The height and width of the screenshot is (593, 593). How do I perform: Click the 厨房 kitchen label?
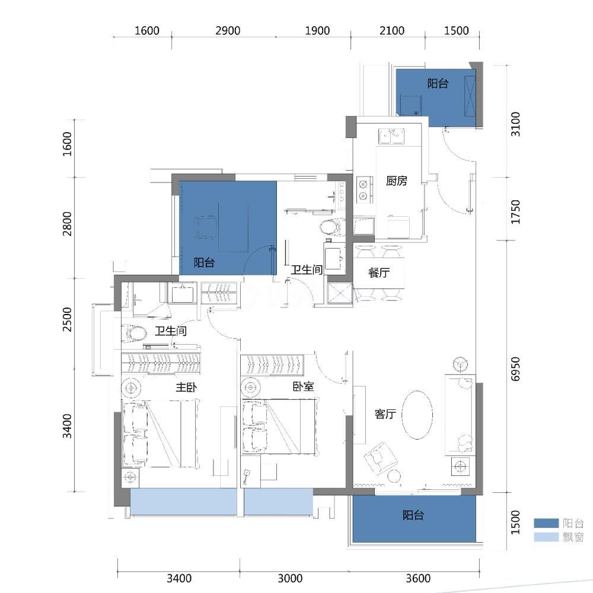397,181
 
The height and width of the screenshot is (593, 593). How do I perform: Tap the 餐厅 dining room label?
379,273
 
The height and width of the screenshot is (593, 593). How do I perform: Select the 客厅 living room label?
385,414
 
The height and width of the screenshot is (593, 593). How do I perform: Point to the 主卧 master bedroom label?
186,387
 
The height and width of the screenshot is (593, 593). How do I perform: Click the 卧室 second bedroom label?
303,386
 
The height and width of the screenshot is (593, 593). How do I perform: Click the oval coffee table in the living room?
417,415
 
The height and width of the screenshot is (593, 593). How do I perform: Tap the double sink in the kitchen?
391,136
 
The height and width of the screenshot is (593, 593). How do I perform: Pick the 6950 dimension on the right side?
515,368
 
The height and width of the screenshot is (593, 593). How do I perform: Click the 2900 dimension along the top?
228,31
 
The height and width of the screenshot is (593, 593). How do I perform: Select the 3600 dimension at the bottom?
418,578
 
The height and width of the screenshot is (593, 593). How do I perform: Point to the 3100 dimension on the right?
515,124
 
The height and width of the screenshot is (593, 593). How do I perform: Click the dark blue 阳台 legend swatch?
546,523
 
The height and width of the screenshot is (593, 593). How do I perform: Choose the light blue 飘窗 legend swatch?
546,537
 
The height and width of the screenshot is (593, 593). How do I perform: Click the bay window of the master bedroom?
183,502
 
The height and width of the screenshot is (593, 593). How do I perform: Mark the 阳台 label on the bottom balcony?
413,515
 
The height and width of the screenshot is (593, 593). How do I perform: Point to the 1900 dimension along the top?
317,31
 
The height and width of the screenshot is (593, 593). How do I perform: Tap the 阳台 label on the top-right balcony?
438,83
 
